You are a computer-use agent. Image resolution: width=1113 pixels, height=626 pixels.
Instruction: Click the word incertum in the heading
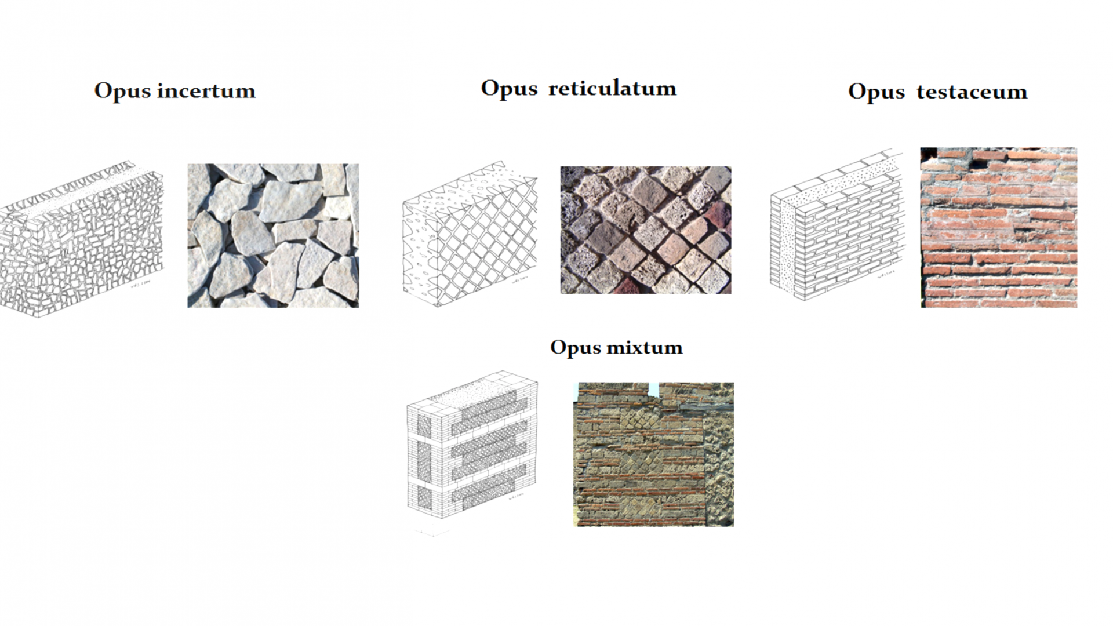pos(206,91)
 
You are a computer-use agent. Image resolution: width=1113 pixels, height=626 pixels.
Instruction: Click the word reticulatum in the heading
pos(612,89)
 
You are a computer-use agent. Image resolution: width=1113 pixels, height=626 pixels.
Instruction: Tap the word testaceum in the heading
pos(972,92)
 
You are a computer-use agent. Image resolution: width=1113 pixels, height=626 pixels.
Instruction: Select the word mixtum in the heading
pos(644,347)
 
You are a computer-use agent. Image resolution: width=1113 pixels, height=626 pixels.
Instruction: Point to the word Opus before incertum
pos(122,91)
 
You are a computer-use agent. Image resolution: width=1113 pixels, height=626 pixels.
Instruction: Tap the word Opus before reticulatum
pos(509,89)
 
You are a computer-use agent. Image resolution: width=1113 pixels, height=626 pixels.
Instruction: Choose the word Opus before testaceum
pos(876,92)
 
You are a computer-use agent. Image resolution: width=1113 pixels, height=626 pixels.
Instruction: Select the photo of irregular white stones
pos(273,235)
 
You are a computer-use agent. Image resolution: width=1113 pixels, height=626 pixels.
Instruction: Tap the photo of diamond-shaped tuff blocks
pos(645,230)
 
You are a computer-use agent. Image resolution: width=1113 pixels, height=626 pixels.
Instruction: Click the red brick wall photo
pos(998,227)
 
